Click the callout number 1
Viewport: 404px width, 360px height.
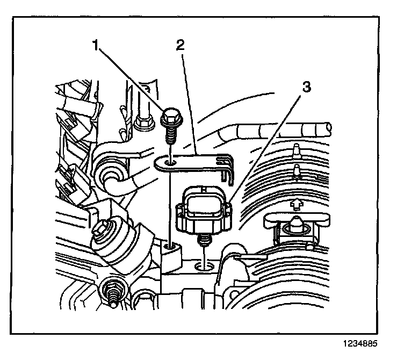point(97,46)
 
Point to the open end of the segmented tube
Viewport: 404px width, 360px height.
point(327,127)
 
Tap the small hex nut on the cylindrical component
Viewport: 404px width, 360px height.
point(102,229)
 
